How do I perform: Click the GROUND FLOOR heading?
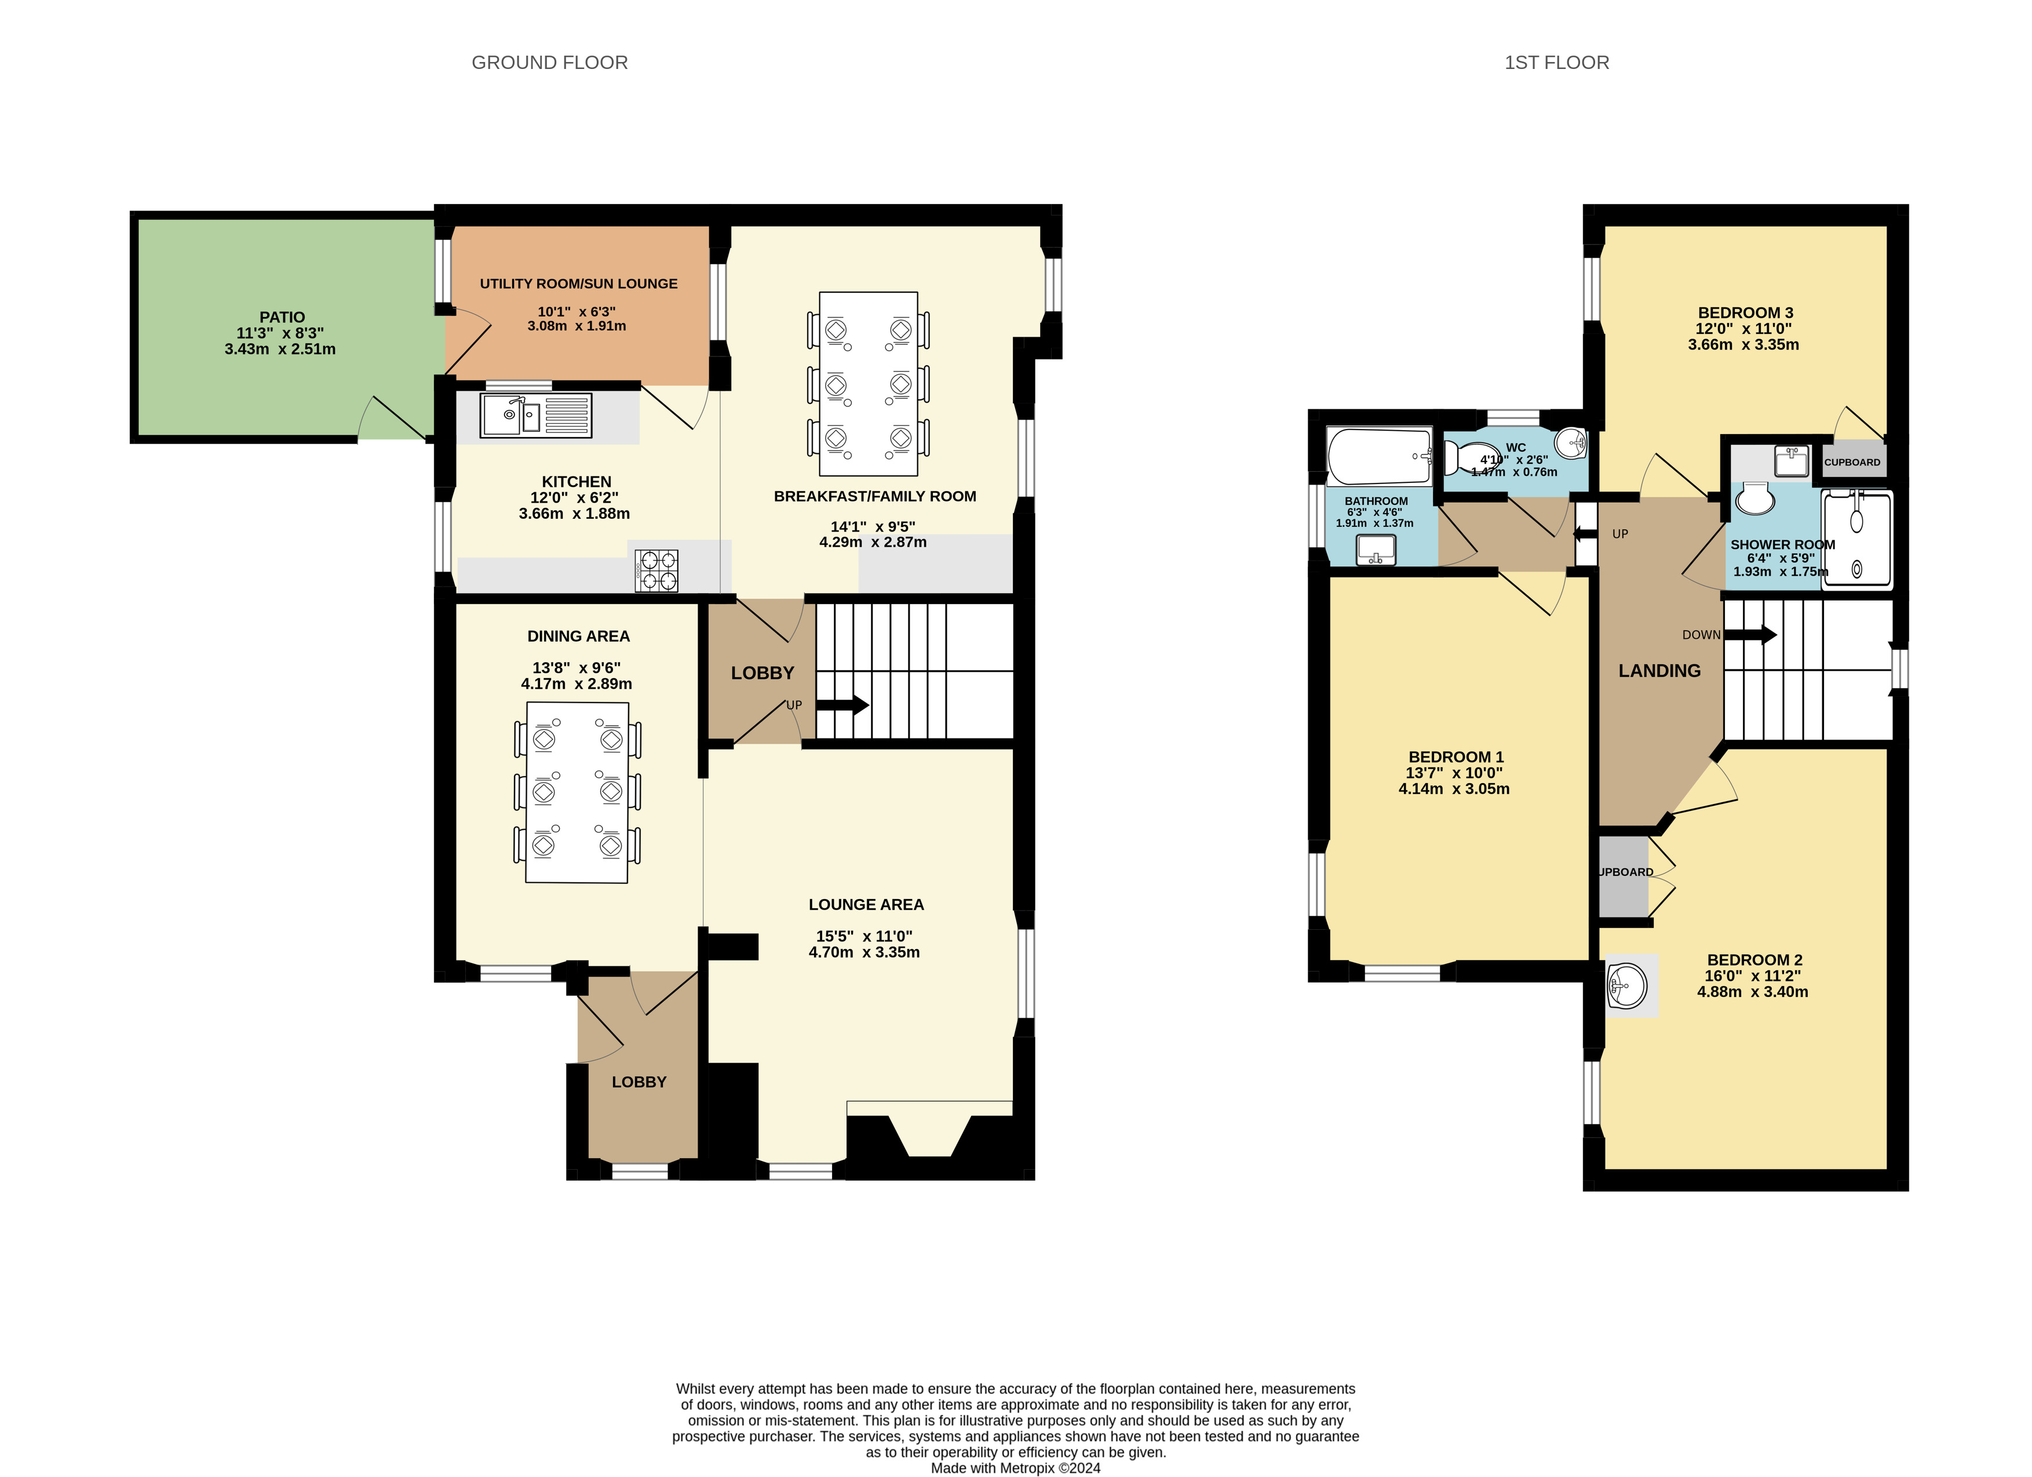pos(549,63)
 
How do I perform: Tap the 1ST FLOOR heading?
pos(1556,63)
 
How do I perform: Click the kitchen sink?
pos(536,416)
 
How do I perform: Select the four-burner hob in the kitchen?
pos(656,570)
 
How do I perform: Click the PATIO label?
pos(282,317)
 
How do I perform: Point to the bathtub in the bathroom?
pos(1380,456)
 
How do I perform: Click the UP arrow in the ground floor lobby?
pos(842,705)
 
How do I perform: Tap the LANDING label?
pos(1659,670)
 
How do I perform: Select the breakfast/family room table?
pos(868,384)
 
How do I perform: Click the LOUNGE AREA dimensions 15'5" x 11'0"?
pos(864,936)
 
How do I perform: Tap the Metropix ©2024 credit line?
pos(1016,1468)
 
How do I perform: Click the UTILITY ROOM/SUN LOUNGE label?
pos(579,283)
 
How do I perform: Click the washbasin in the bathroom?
pos(1376,548)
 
